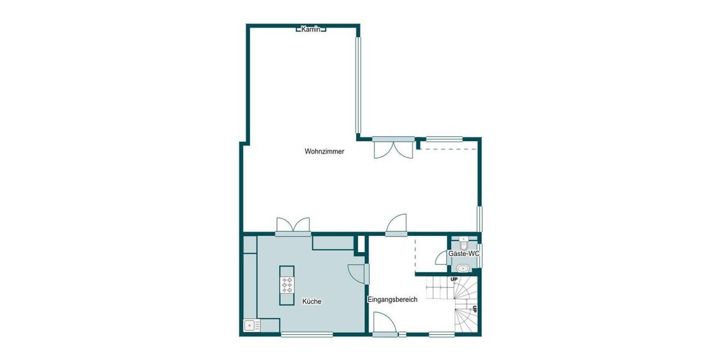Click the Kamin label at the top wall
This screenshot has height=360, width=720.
pyautogui.click(x=311, y=29)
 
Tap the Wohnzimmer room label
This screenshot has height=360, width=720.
pyautogui.click(x=324, y=152)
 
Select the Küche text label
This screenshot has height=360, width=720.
pyautogui.click(x=311, y=301)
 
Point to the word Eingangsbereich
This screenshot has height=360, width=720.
pyautogui.click(x=392, y=299)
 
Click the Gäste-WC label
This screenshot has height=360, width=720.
pyautogui.click(x=464, y=254)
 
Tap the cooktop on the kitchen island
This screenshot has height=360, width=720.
pyautogui.click(x=287, y=284)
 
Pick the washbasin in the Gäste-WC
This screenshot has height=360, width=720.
pyautogui.click(x=463, y=268)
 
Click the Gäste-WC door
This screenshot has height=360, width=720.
pyautogui.click(x=442, y=258)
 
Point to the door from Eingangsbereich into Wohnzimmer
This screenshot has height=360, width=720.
pyautogui.click(x=396, y=224)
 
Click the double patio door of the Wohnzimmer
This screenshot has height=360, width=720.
pyautogui.click(x=393, y=148)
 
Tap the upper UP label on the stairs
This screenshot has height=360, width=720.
pyautogui.click(x=454, y=280)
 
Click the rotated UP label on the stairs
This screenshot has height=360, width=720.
pyautogui.click(x=475, y=309)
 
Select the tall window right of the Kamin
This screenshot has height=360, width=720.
pyautogui.click(x=358, y=86)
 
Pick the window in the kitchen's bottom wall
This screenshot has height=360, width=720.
pyautogui.click(x=298, y=334)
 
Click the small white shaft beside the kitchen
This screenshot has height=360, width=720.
pyautogui.click(x=361, y=243)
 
